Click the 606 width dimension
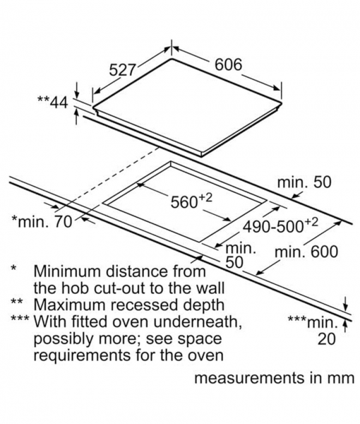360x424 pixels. click(228, 65)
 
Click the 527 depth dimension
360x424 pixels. click(122, 70)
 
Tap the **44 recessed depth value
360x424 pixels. click(53, 102)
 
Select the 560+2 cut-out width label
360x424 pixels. click(191, 201)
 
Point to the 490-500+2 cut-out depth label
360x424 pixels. click(280, 226)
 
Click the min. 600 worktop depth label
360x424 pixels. click(306, 252)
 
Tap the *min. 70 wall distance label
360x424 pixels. click(42, 221)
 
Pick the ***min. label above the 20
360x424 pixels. click(313, 322)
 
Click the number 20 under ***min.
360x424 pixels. click(327, 339)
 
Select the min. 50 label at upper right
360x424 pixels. click(304, 182)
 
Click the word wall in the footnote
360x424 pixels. click(210, 288)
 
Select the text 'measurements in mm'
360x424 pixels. click(274, 378)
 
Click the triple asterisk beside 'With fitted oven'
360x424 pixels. click(20, 319)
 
